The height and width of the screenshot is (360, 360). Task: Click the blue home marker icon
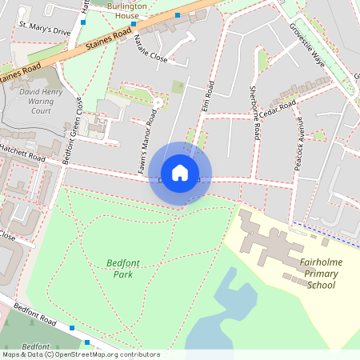coord(180,173)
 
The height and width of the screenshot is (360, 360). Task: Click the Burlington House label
coord(126,10)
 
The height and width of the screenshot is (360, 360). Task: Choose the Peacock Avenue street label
coord(300,143)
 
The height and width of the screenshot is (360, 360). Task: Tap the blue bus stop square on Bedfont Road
coord(73,328)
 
